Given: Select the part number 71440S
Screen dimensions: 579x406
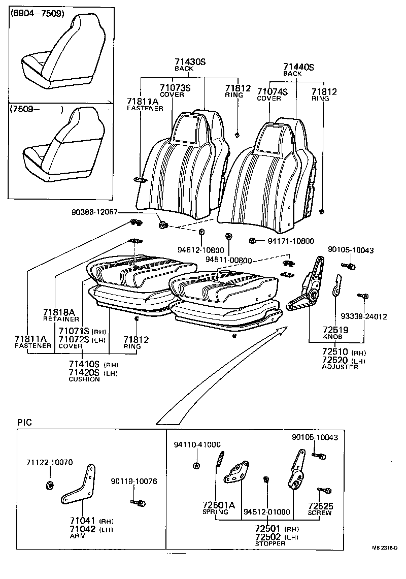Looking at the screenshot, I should click(299, 67).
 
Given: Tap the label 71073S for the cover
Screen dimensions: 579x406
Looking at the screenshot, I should click(175, 88).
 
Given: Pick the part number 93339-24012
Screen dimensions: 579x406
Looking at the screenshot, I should click(364, 316).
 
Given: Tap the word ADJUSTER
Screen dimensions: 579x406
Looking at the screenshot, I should click(340, 367).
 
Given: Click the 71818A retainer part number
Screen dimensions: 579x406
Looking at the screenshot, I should click(59, 312).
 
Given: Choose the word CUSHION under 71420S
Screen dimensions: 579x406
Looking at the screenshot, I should click(84, 379).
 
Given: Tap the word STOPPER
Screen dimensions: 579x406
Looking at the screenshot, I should click(270, 543).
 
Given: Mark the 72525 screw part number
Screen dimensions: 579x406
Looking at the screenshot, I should click(321, 506).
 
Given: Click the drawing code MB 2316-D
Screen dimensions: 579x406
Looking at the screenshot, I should click(384, 548).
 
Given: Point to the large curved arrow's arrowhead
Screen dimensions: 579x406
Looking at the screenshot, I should click(280, 331).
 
